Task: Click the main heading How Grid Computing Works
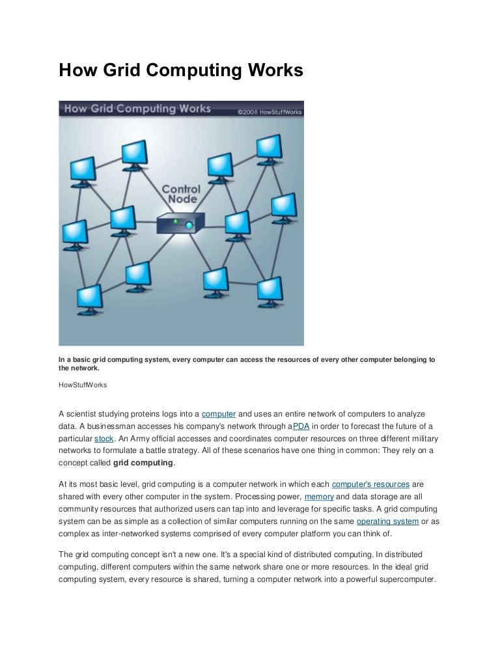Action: [181, 70]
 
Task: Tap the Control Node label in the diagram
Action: [180, 194]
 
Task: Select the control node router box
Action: [180, 223]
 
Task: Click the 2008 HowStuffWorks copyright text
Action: [266, 111]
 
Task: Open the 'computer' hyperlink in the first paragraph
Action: [219, 414]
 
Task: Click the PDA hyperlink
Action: [301, 426]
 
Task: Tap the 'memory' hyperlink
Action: [318, 497]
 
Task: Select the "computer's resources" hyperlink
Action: [370, 484]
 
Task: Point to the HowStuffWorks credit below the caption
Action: [83, 385]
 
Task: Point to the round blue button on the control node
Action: [189, 225]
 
